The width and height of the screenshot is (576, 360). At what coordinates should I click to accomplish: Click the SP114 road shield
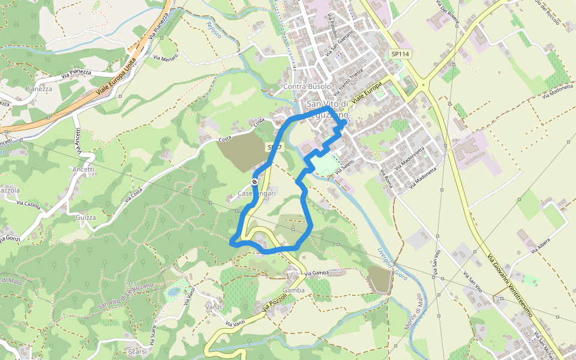(x=400, y=54)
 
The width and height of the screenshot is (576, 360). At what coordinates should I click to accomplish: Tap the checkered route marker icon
(x=255, y=182)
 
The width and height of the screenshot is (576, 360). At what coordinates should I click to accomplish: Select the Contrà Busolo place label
(x=307, y=87)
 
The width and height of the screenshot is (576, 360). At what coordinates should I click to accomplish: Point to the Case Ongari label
(x=256, y=193)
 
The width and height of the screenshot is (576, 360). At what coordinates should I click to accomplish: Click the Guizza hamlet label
(x=86, y=217)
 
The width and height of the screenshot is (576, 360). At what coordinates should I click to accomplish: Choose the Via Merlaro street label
(x=166, y=58)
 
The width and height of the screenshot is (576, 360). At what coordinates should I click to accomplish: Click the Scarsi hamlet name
(x=139, y=351)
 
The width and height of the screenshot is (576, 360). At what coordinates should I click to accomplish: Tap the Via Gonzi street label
(x=10, y=239)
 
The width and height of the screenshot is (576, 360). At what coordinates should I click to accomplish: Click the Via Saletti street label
(x=346, y=167)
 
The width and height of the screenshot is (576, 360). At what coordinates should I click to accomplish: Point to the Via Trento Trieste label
(x=352, y=81)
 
